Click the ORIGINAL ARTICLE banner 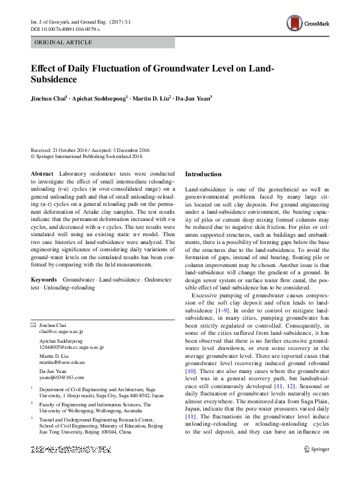point(64,42)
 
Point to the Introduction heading point(203,174)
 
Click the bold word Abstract point(41,173)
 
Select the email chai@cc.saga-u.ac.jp point(61,332)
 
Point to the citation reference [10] point(189,369)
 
